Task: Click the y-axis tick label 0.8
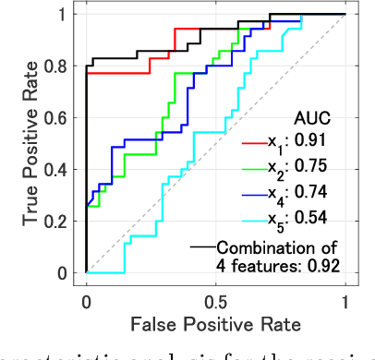(62, 66)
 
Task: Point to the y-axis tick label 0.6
(62, 118)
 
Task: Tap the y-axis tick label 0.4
(62, 170)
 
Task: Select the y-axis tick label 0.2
(62, 222)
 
